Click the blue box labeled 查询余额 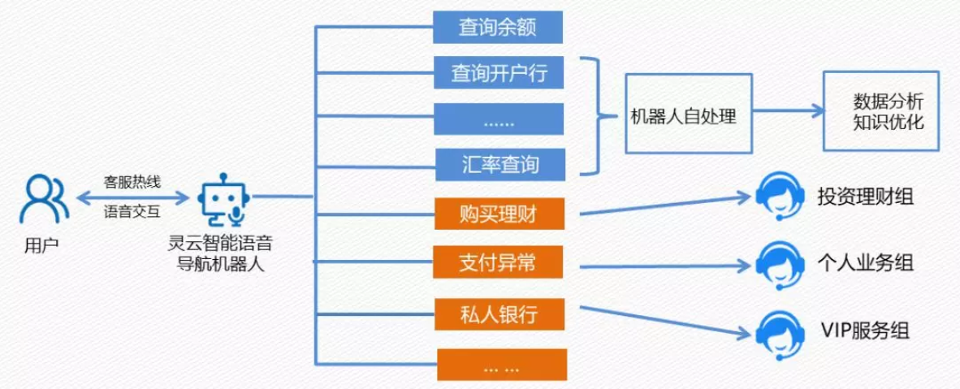(498, 28)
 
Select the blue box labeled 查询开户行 (498, 74)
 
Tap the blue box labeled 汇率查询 (498, 165)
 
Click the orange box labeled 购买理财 (498, 214)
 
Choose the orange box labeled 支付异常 (498, 263)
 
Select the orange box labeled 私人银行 (498, 313)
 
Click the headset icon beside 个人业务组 (777, 264)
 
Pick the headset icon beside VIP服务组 (777, 333)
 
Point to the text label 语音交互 (132, 213)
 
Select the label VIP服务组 (864, 331)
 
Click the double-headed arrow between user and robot (132, 197)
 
